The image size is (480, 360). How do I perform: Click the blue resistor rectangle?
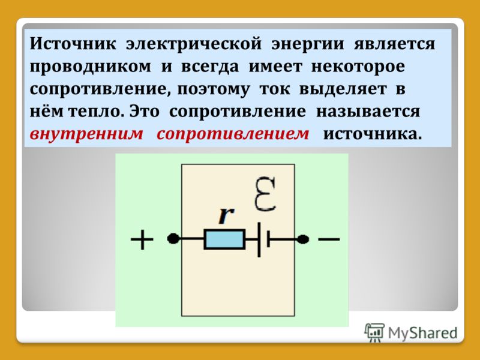tap(224, 239)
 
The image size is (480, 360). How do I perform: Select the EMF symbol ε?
tap(265, 194)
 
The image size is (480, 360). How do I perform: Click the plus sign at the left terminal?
tap(142, 239)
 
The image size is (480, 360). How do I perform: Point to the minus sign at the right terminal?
tap(329, 239)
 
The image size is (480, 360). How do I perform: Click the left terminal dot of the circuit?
tap(173, 238)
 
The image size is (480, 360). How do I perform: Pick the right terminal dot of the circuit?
tap(303, 239)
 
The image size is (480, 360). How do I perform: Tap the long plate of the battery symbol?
tap(259, 239)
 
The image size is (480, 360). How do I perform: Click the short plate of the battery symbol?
tap(268, 239)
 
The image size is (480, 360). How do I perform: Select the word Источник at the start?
tap(73, 43)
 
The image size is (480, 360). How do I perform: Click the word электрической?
tap(194, 43)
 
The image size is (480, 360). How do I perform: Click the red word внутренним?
tap(86, 134)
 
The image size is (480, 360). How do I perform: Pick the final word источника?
tap(372, 134)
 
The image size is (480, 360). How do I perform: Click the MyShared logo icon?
tap(374, 332)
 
